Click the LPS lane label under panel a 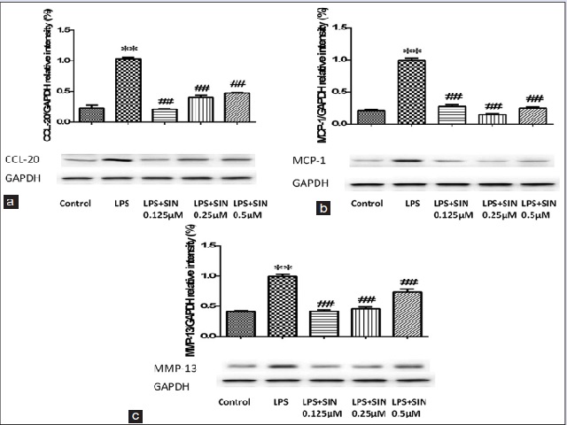(x=129, y=202)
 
